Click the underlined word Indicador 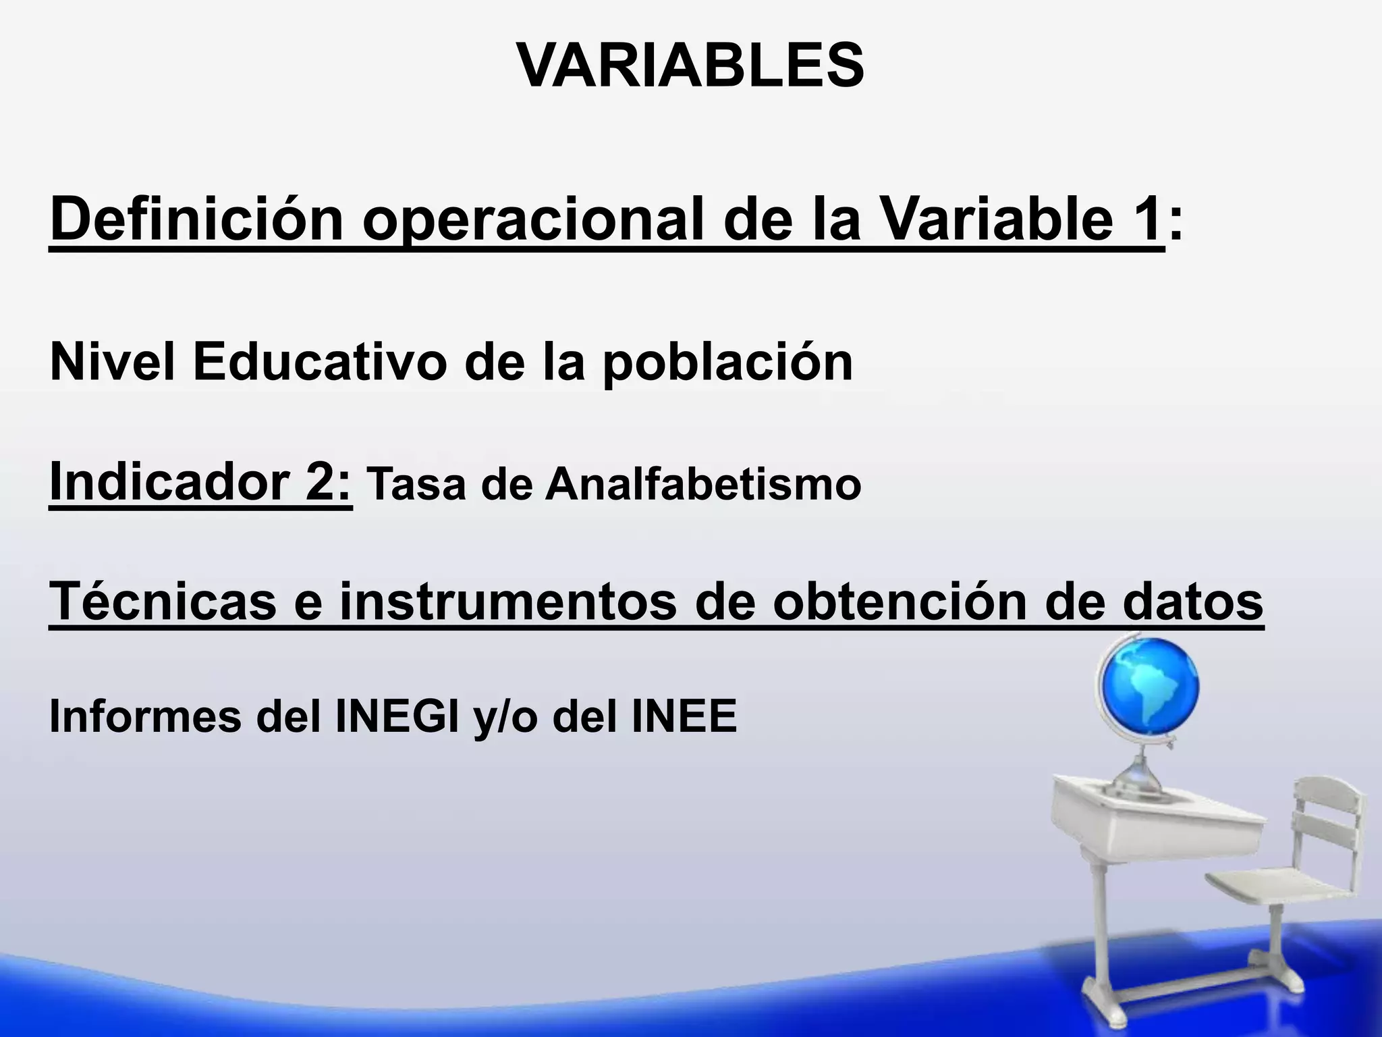(169, 481)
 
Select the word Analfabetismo (702, 485)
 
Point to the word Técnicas (163, 601)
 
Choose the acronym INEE (684, 717)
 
